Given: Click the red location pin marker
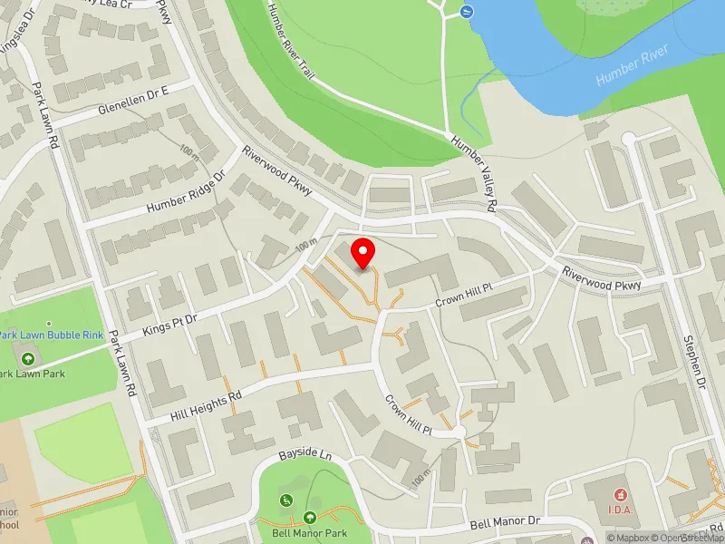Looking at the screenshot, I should click(363, 253).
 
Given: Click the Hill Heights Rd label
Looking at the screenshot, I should click(207, 407).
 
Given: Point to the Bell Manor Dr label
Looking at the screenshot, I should click(505, 523).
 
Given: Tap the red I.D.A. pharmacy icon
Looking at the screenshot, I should click(621, 495).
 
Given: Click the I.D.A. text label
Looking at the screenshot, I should click(621, 510).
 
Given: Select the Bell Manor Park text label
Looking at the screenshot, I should click(310, 533).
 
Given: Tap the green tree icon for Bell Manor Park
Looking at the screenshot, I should click(310, 518).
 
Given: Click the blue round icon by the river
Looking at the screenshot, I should click(466, 12).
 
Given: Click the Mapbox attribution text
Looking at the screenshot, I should click(629, 538).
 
